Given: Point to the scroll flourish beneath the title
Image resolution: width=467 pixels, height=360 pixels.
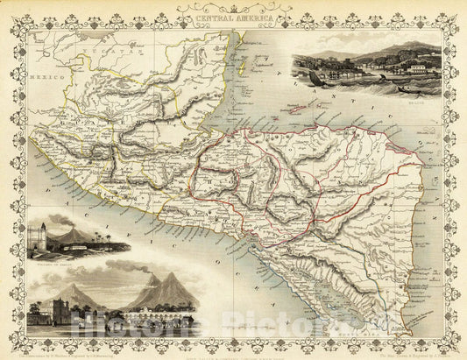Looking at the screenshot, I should click(232, 23).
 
